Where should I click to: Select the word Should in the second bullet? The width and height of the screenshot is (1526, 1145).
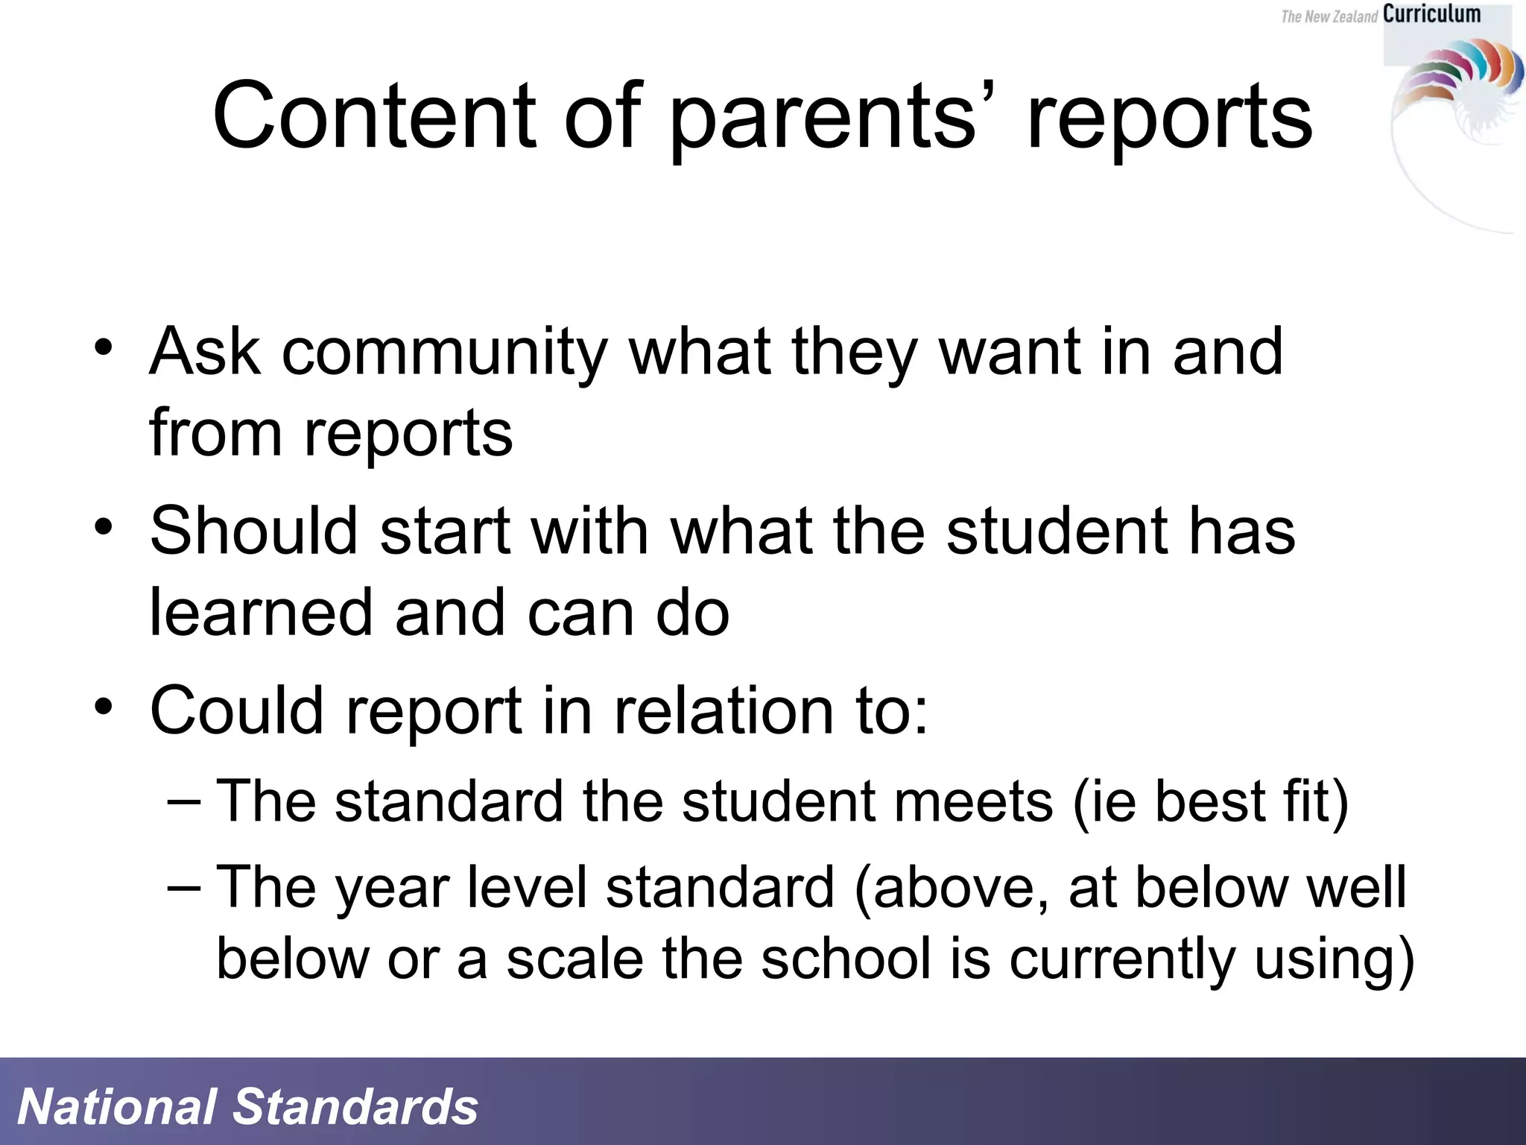tap(254, 530)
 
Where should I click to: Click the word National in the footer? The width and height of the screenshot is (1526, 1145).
tap(116, 1106)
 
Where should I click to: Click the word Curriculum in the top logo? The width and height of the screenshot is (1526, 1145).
tap(1431, 14)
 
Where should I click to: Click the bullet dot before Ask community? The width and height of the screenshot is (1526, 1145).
tap(104, 347)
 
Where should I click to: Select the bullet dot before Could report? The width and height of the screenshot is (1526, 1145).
tap(104, 705)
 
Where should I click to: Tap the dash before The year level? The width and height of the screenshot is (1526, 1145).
tap(183, 888)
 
